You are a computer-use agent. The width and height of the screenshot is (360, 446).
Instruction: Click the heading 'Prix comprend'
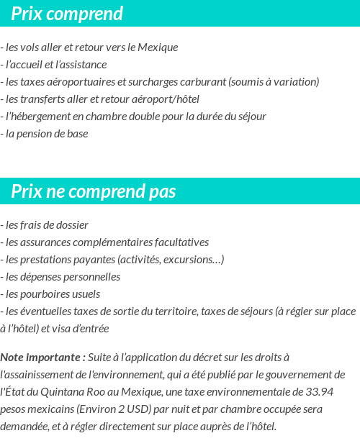click(x=67, y=14)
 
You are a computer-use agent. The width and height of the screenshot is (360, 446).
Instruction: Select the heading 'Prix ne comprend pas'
click(x=94, y=192)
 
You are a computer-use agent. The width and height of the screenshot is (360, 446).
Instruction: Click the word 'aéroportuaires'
click(x=77, y=82)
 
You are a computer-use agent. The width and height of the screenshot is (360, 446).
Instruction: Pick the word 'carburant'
click(x=204, y=82)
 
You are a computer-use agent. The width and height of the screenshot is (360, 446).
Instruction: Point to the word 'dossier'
click(x=71, y=225)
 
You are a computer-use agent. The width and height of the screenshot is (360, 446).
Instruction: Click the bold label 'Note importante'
click(x=42, y=358)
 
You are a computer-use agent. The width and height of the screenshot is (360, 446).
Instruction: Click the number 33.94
click(x=318, y=392)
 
